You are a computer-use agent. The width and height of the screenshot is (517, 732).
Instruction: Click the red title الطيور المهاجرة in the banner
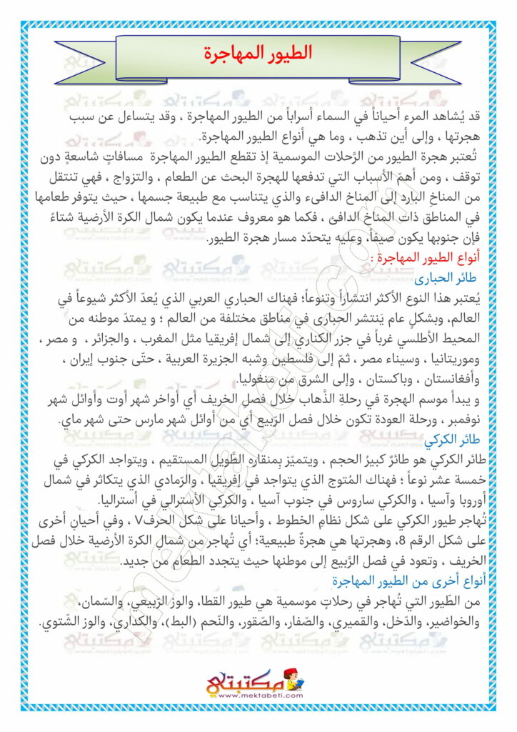(258, 54)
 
